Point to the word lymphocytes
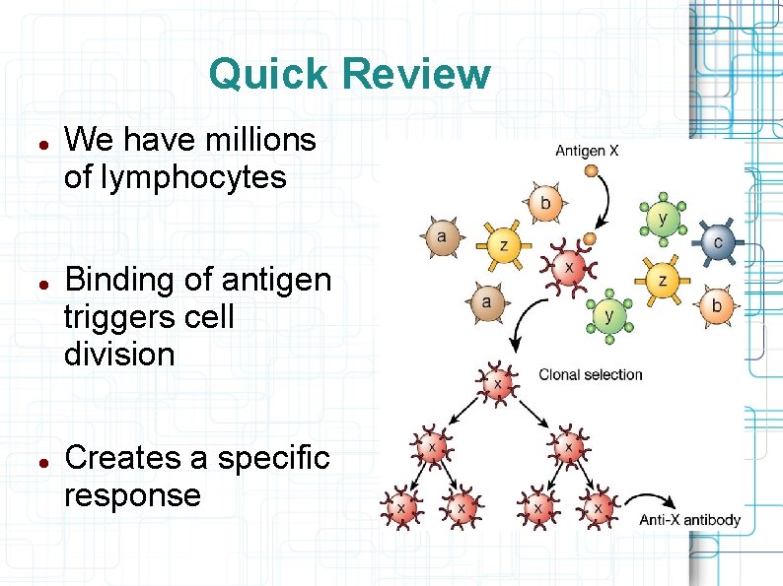tap(175, 178)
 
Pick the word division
tap(118, 354)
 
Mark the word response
tap(132, 494)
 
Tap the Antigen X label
tap(587, 151)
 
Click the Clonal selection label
tap(590, 374)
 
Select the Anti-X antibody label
tap(690, 519)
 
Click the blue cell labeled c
tap(717, 241)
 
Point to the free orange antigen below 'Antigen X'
tap(591, 171)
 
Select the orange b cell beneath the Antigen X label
tap(544, 205)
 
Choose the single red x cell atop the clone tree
tap(496, 381)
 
